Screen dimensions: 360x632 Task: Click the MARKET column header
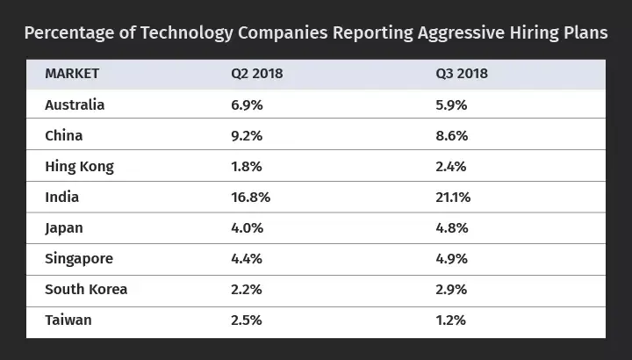(x=72, y=74)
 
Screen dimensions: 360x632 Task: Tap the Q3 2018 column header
(x=461, y=74)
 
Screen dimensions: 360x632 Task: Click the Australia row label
(x=75, y=104)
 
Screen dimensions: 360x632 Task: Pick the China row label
(x=63, y=135)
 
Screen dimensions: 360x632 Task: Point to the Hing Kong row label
(x=79, y=166)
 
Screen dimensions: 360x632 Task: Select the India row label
(x=61, y=197)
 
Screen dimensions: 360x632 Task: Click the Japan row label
(x=64, y=227)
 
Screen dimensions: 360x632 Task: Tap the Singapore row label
(x=79, y=258)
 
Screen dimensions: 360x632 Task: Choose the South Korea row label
(x=86, y=289)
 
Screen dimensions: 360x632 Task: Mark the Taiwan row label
(x=68, y=320)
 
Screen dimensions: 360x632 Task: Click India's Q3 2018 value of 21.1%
(x=454, y=197)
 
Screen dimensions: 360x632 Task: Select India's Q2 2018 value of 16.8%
(x=250, y=197)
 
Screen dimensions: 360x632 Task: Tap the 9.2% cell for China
(x=246, y=135)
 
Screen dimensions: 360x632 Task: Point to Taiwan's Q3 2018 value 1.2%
(x=451, y=320)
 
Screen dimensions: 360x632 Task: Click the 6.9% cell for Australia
(x=246, y=104)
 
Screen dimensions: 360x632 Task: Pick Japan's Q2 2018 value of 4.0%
(x=246, y=227)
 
